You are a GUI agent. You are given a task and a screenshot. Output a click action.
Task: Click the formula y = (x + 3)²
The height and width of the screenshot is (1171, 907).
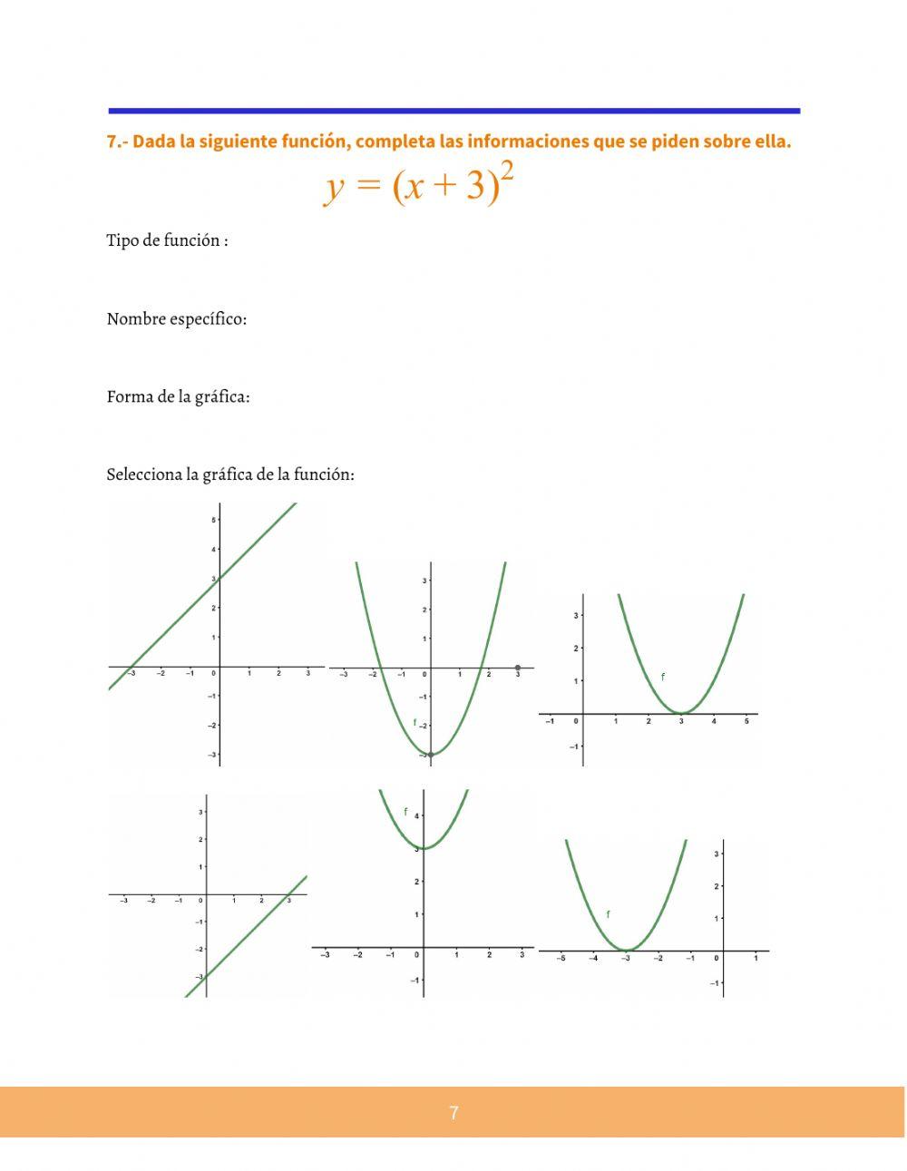click(x=420, y=185)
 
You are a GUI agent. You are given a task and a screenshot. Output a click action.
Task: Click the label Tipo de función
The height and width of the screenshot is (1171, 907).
click(x=167, y=240)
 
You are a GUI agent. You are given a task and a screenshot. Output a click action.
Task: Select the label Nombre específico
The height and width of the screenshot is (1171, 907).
click(x=176, y=319)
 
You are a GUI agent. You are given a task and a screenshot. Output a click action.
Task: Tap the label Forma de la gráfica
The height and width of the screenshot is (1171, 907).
click(x=178, y=397)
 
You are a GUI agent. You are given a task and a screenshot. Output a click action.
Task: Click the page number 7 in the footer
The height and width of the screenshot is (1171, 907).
click(x=453, y=1113)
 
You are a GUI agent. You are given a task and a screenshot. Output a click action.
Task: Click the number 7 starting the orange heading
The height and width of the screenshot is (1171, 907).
click(x=112, y=142)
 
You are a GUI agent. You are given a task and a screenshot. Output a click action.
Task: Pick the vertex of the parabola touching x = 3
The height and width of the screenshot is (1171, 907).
click(x=681, y=713)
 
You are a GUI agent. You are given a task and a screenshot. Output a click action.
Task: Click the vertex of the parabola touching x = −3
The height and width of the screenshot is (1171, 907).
click(x=626, y=950)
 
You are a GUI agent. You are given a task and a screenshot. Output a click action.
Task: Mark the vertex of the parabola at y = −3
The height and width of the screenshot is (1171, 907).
click(x=430, y=754)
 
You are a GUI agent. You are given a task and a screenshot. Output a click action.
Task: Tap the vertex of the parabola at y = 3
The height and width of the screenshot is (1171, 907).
click(x=424, y=848)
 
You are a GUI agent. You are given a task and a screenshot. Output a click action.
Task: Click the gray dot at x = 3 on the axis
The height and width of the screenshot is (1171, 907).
click(x=518, y=668)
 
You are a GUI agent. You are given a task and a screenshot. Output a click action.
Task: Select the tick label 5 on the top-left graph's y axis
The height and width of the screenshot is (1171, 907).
click(x=213, y=520)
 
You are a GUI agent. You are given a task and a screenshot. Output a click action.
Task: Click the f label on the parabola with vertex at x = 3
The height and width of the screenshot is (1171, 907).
click(x=662, y=677)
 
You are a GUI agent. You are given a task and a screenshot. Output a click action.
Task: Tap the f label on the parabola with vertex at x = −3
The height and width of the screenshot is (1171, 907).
click(x=608, y=914)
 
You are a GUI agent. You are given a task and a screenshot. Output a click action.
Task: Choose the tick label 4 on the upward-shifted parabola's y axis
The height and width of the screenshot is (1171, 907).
click(x=416, y=816)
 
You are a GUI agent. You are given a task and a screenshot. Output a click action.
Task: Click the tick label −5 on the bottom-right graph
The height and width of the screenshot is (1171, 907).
click(x=561, y=959)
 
